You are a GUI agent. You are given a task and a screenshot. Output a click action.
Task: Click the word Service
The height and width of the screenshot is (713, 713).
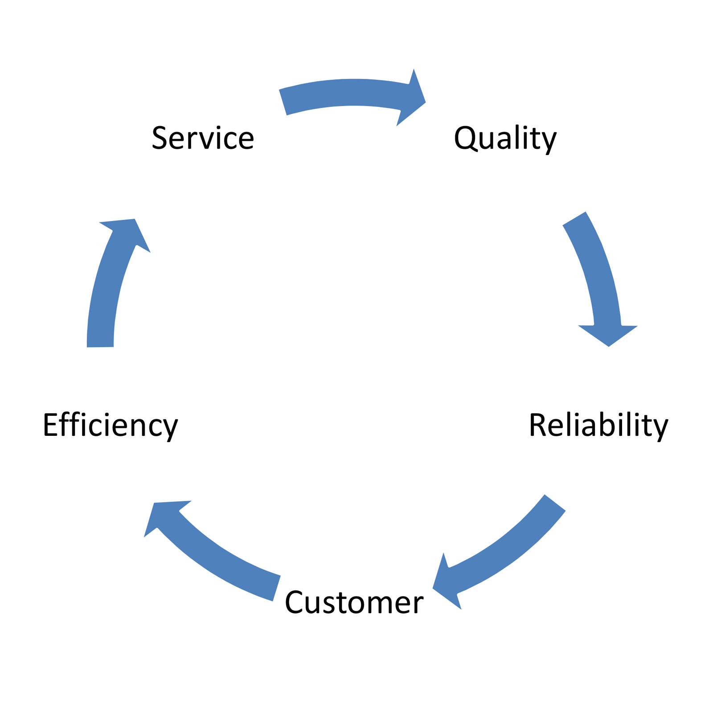tap(203, 138)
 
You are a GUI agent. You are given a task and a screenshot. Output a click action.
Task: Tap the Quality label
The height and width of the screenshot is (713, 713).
tap(505, 138)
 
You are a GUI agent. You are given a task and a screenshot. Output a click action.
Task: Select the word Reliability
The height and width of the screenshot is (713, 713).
tap(598, 425)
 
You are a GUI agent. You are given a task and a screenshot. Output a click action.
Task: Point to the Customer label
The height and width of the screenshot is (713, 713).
tap(354, 602)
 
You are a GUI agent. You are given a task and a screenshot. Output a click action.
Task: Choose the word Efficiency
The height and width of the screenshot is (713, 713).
tap(110, 425)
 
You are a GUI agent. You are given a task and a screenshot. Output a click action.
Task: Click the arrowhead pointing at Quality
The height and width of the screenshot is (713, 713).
tap(412, 98)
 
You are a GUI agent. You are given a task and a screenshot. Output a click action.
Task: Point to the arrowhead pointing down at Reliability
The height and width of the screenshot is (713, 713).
tap(608, 334)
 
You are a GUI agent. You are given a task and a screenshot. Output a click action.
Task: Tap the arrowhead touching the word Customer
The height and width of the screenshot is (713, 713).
tap(446, 584)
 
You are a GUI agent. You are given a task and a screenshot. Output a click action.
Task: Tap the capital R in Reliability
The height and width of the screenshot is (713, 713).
tap(538, 425)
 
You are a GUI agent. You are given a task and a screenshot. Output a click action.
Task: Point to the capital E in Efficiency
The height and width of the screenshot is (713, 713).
tap(51, 425)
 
